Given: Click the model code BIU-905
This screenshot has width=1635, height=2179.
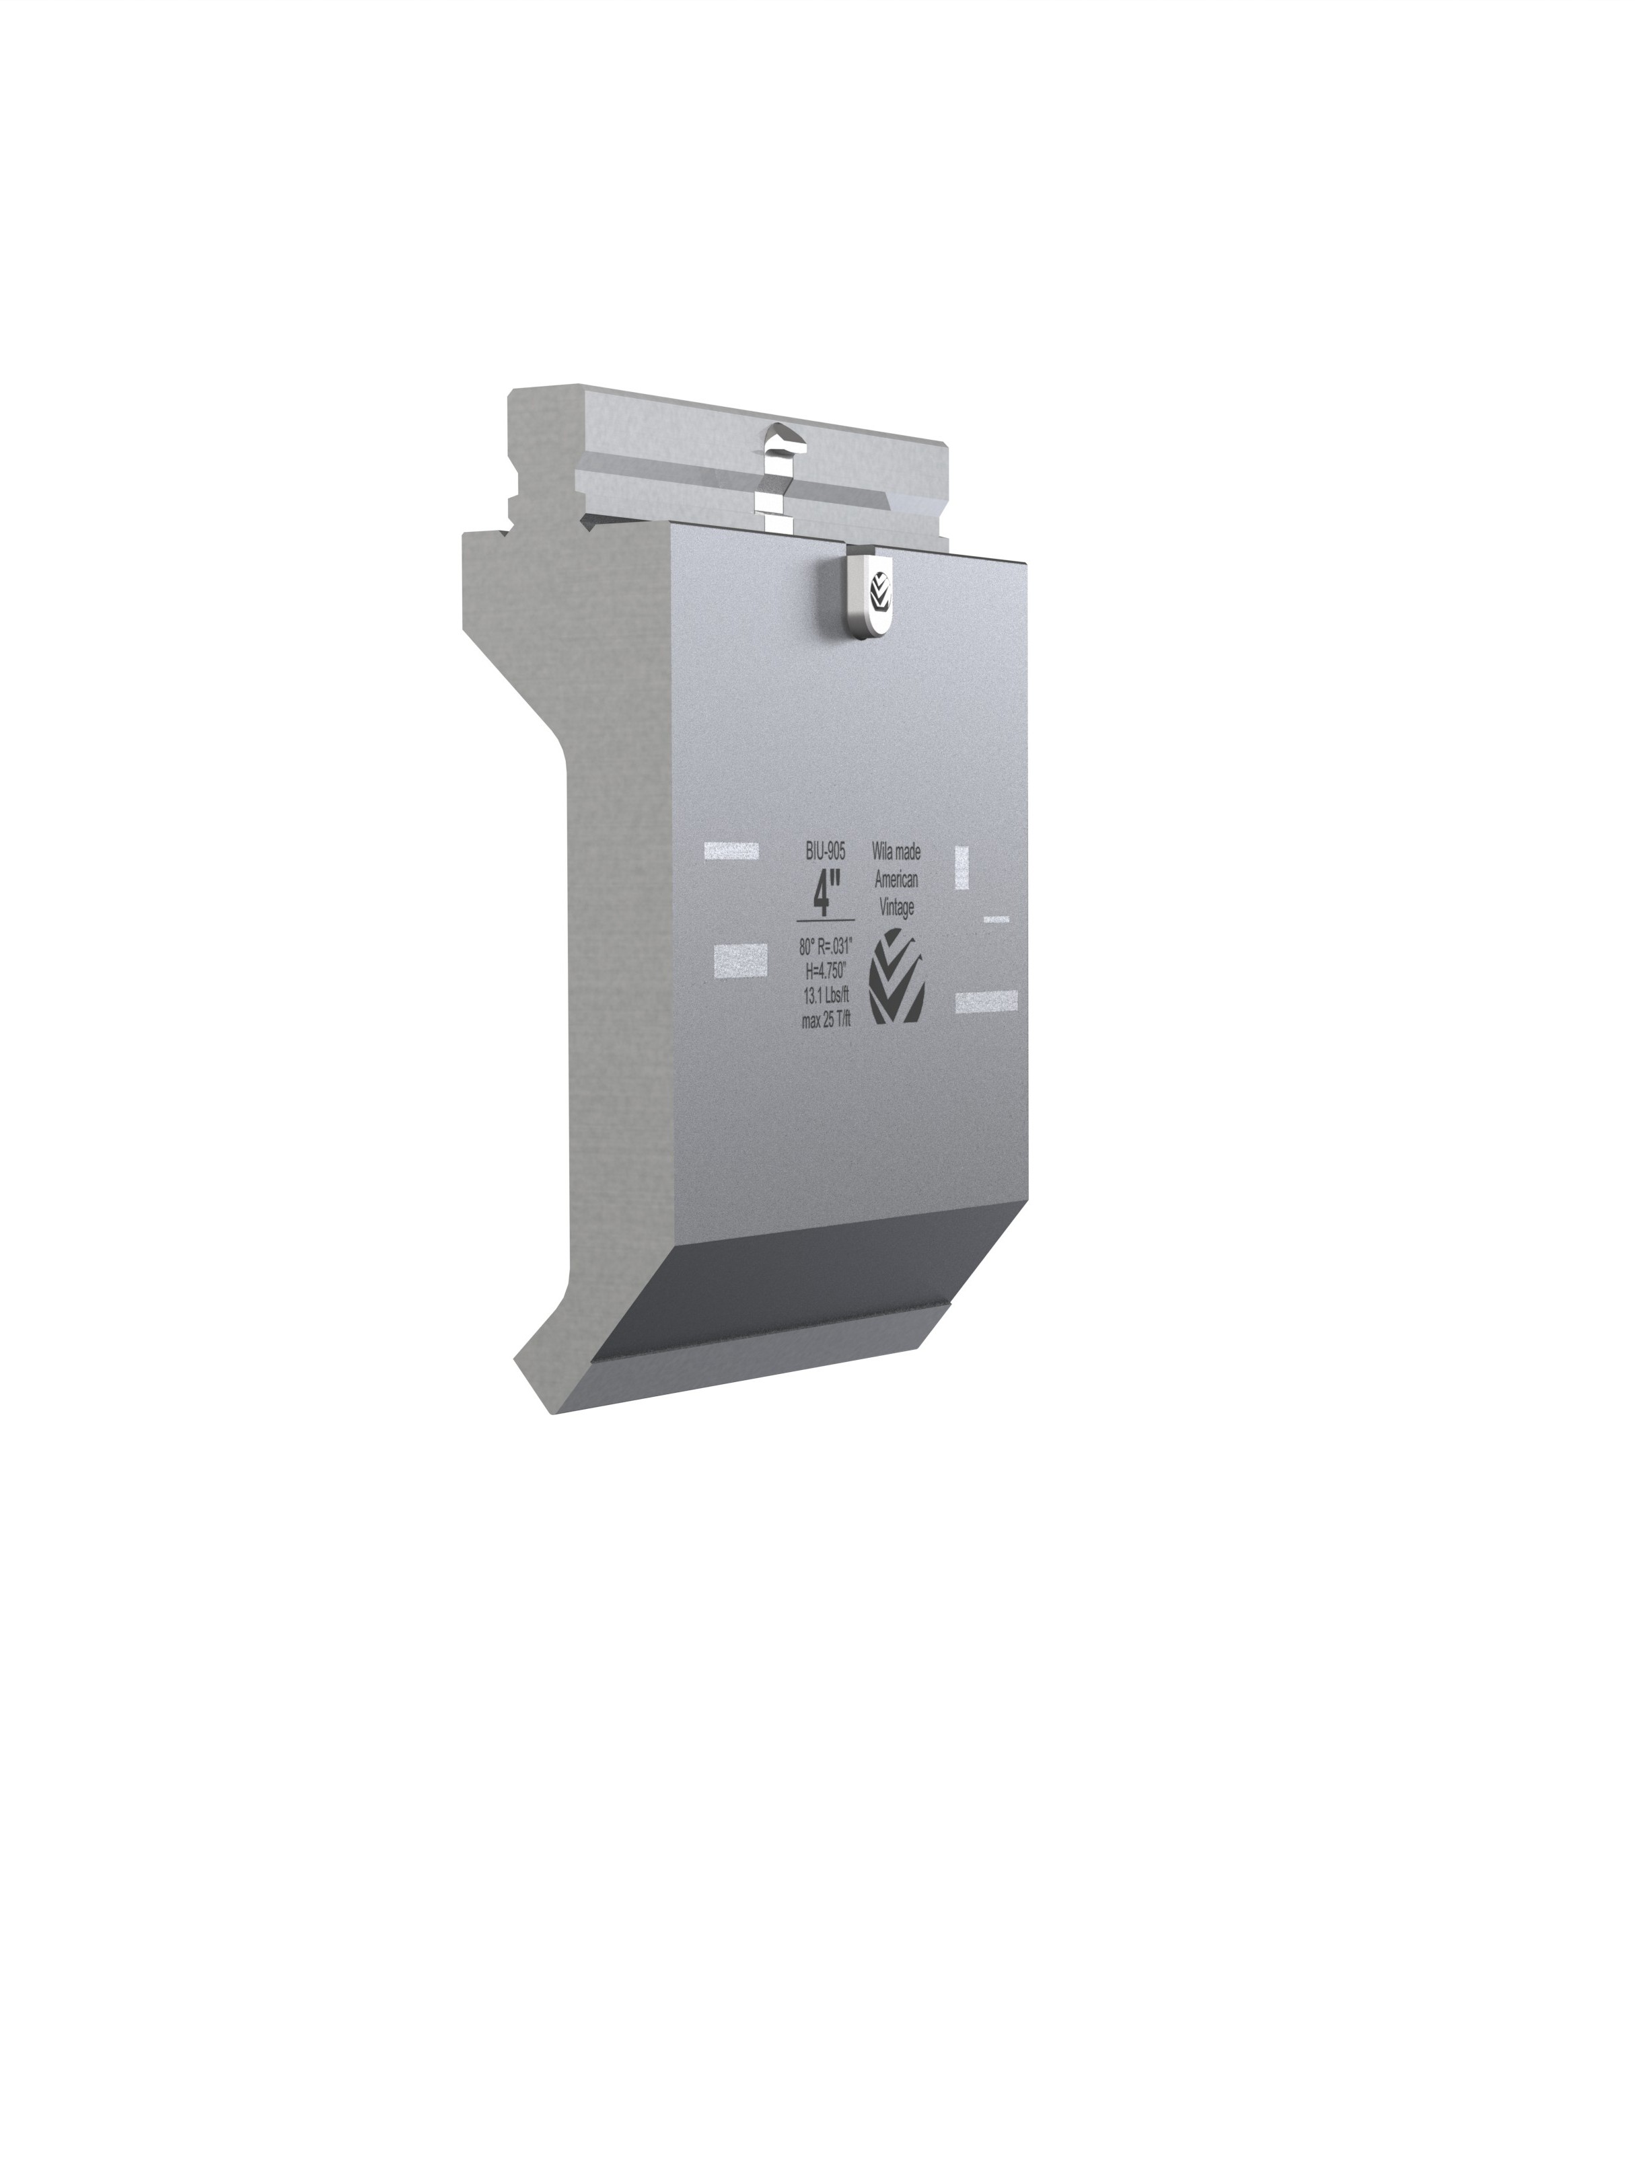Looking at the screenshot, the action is [x=826, y=852].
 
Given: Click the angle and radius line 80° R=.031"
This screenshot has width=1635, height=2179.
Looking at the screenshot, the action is [x=826, y=946].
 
